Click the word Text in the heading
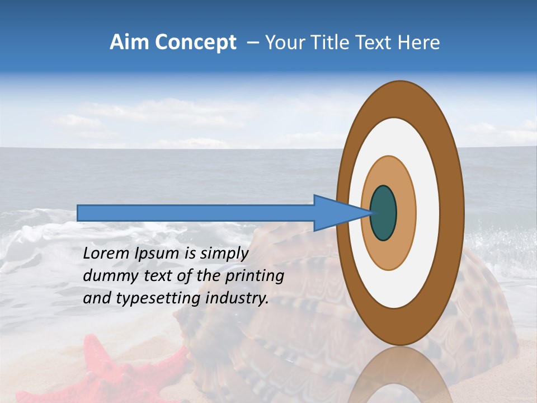pyautogui.click(x=374, y=43)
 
